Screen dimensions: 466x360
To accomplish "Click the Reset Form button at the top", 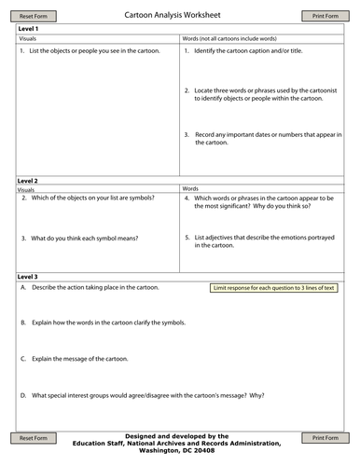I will point(33,16).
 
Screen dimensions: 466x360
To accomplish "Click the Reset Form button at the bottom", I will point(33,437).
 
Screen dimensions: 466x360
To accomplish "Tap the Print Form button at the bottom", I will point(325,437).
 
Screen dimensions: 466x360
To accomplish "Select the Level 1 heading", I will point(28,29).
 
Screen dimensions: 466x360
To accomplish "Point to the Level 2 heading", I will point(28,179).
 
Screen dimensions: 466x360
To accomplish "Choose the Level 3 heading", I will point(28,277).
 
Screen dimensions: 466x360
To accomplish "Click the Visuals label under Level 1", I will point(28,39).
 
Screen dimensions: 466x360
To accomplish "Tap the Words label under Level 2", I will point(190,188).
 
